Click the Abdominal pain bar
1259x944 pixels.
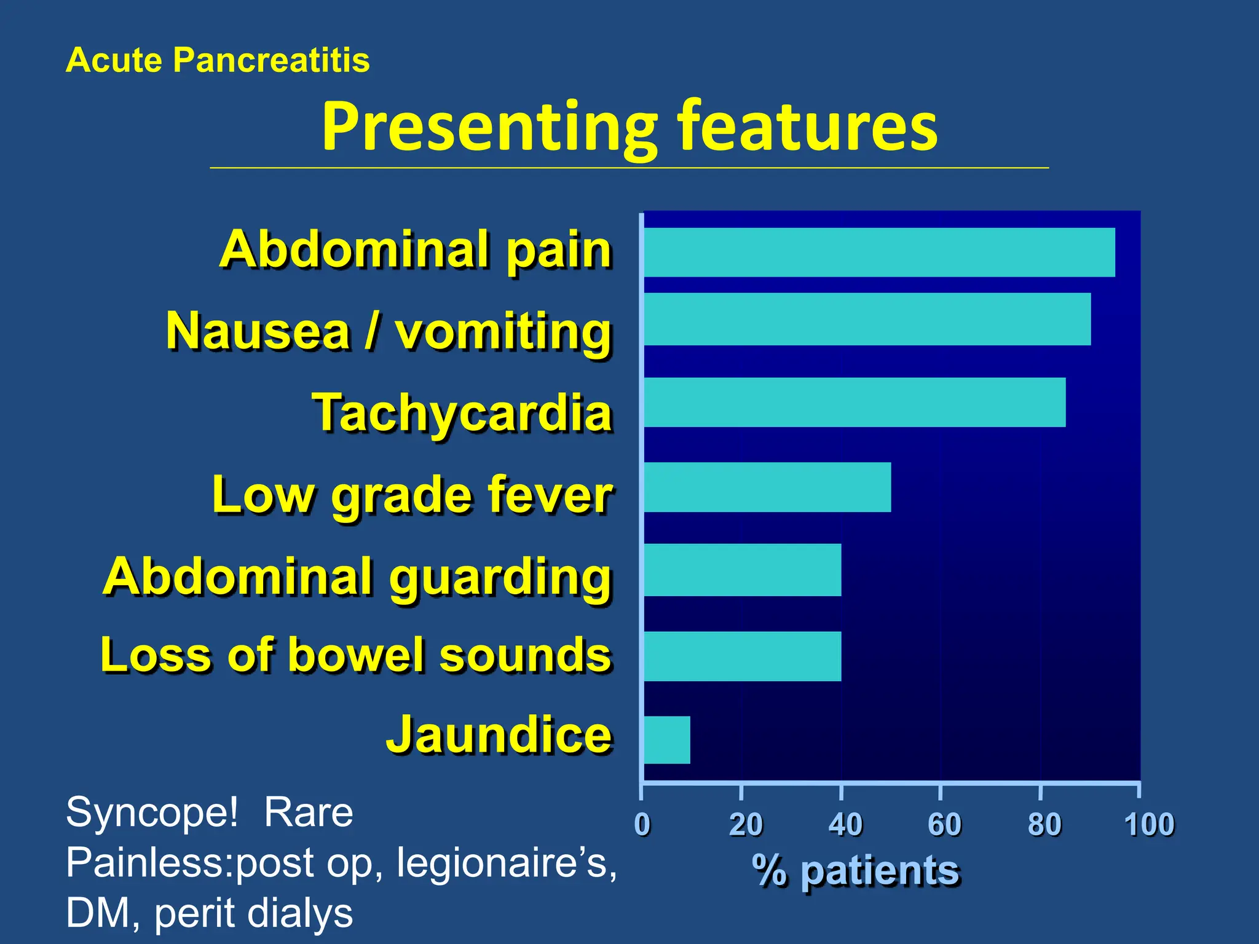tap(879, 252)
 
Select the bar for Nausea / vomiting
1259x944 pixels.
tap(867, 319)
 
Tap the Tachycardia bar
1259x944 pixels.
tap(854, 403)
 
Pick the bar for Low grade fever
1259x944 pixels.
tap(767, 487)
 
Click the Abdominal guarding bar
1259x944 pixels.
tap(743, 570)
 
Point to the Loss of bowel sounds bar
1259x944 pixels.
tap(743, 656)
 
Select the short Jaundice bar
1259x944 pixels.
tap(667, 740)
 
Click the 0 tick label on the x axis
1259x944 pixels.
tap(642, 824)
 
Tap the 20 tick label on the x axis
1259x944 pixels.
tap(745, 824)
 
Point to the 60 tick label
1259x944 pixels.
tap(944, 824)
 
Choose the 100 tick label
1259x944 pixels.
tap(1149, 824)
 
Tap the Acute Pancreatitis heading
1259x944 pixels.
tap(218, 60)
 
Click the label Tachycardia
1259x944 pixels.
tap(462, 412)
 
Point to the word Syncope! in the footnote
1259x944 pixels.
tap(151, 812)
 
